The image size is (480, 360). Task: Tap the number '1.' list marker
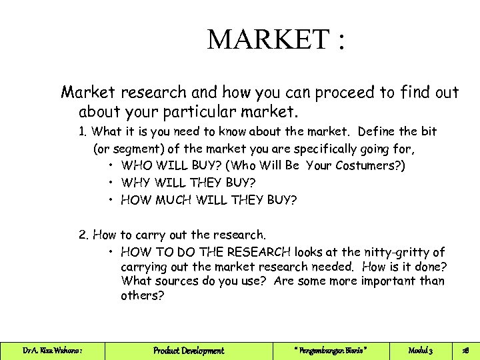(x=83, y=132)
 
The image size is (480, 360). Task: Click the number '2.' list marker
(x=84, y=235)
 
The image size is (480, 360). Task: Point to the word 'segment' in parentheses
(x=127, y=149)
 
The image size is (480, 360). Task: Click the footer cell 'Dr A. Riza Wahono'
(x=52, y=351)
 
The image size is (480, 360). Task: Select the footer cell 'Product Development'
(x=189, y=351)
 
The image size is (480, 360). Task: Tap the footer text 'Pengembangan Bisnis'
(x=330, y=351)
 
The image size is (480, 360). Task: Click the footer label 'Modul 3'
(x=421, y=351)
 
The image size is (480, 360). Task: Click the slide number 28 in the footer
(x=465, y=351)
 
